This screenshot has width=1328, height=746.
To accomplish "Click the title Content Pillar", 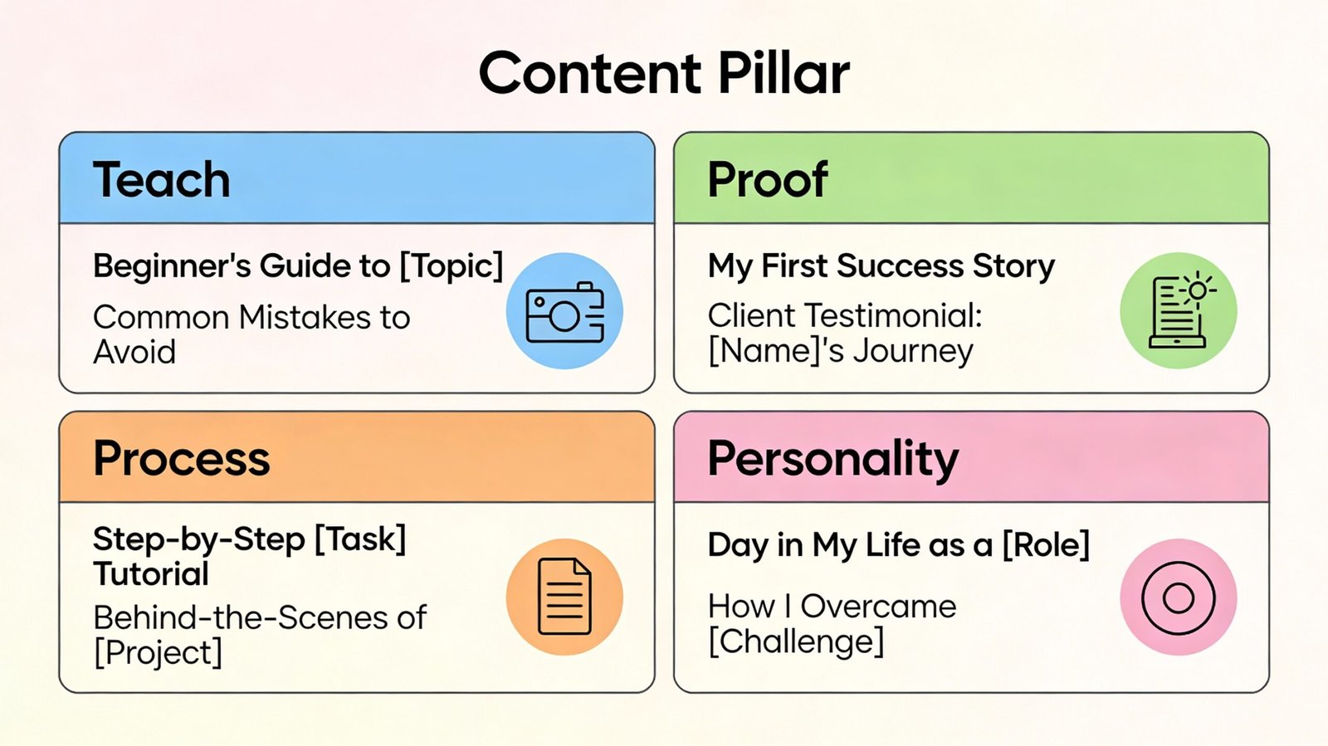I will click(664, 73).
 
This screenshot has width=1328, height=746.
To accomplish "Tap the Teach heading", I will click(162, 180).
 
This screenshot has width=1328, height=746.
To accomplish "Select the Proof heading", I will click(768, 180).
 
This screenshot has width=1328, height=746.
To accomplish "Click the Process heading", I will click(182, 459).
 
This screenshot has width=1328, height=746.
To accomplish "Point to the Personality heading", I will click(832, 459).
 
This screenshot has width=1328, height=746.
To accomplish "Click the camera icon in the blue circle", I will click(564, 312).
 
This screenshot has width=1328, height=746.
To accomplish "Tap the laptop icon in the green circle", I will click(1179, 311).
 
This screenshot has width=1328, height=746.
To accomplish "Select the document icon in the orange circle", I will click(564, 597).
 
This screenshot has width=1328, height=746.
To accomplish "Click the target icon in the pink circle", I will click(1179, 597).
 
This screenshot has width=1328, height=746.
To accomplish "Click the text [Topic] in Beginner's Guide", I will click(452, 266).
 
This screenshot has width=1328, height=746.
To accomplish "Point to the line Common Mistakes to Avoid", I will click(251, 334).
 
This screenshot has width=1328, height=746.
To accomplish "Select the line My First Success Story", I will click(881, 266).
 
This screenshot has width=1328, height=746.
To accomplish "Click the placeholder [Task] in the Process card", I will click(360, 539).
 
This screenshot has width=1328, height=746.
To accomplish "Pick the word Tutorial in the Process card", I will click(151, 574).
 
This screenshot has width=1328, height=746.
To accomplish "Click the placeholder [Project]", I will click(158, 653).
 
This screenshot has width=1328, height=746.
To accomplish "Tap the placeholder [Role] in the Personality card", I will click(1046, 545).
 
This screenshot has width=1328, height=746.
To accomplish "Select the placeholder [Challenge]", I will click(796, 641).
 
